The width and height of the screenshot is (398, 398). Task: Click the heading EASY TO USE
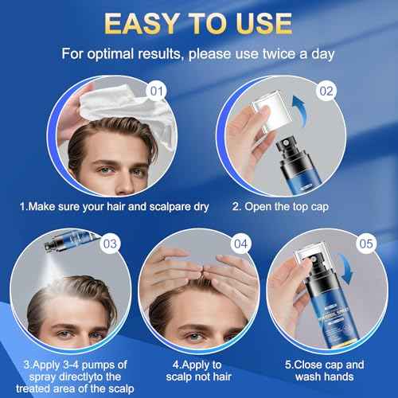[199, 24]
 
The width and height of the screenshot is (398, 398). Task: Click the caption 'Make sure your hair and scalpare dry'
[114, 207]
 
